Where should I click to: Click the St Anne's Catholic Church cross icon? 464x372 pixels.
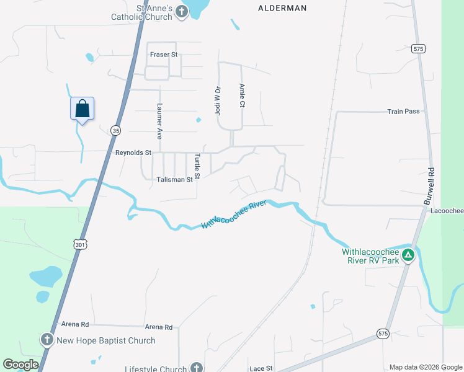(181, 12)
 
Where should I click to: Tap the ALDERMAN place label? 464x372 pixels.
(282, 8)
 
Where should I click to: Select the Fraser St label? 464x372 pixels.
(164, 55)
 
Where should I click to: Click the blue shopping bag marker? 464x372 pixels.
(82, 109)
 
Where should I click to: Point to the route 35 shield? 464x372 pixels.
(115, 130)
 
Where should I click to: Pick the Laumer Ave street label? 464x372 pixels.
(159, 120)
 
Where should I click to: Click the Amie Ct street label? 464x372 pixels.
(242, 95)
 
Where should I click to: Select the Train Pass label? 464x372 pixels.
(403, 112)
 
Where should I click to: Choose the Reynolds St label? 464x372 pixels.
(133, 153)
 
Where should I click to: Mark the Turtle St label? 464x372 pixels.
(197, 166)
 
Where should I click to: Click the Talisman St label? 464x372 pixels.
(174, 180)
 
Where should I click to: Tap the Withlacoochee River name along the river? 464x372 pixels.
(234, 215)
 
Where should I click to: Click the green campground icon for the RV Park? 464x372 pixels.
(408, 255)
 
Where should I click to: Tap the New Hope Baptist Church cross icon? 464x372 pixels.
(47, 340)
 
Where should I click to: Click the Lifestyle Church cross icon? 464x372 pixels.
(197, 368)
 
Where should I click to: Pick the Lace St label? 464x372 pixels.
(261, 368)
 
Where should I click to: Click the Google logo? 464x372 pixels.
(20, 365)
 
